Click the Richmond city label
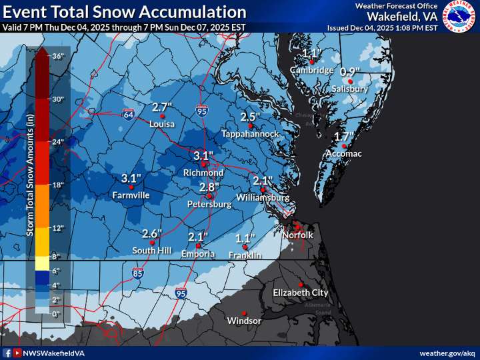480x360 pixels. [x=203, y=173]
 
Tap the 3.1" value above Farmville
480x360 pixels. [x=131, y=179]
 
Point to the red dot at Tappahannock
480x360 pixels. [x=250, y=126]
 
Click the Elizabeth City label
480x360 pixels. [x=300, y=293]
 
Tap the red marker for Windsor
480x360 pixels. [x=245, y=313]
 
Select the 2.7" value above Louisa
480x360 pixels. [x=162, y=107]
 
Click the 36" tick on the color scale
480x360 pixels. [x=57, y=57]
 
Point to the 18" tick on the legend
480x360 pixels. [x=57, y=185]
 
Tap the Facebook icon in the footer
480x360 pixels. [x=7, y=353]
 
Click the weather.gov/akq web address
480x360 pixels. [x=447, y=353]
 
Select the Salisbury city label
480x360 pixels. [x=350, y=89]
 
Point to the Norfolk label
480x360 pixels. [x=297, y=235]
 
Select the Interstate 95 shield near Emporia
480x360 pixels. [x=181, y=293]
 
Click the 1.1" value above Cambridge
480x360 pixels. [x=311, y=54]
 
